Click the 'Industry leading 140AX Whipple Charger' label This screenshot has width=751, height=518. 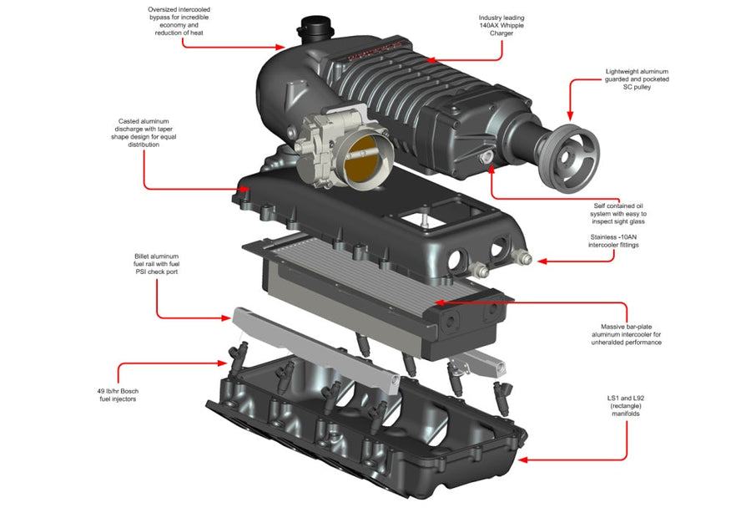[x=502, y=25]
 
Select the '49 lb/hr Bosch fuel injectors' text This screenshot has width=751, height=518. [x=117, y=394]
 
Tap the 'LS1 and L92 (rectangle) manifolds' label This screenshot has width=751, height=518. [x=625, y=407]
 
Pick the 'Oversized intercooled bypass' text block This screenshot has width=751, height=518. [x=175, y=21]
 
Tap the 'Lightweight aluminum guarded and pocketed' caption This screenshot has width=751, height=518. [x=637, y=79]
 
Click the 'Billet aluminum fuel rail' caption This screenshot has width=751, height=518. [x=156, y=263]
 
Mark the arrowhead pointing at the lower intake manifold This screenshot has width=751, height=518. [x=521, y=459]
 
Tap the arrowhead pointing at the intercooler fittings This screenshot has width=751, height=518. [x=541, y=262]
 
